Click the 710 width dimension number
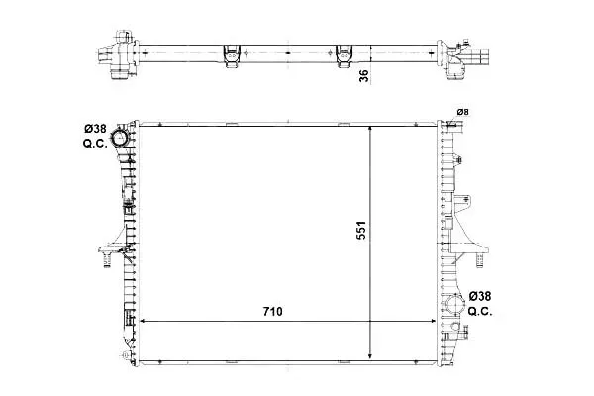pyautogui.click(x=273, y=312)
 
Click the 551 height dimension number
pyautogui.click(x=361, y=230)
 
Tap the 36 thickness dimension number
pyautogui.click(x=363, y=76)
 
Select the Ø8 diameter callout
pyautogui.click(x=462, y=112)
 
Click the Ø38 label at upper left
pyautogui.click(x=95, y=129)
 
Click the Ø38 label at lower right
pyautogui.click(x=480, y=296)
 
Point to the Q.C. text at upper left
pyautogui.click(x=95, y=144)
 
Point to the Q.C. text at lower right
pyautogui.click(x=480, y=312)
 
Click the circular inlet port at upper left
pyautogui.click(x=119, y=138)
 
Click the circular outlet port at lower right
pyautogui.click(x=455, y=304)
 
